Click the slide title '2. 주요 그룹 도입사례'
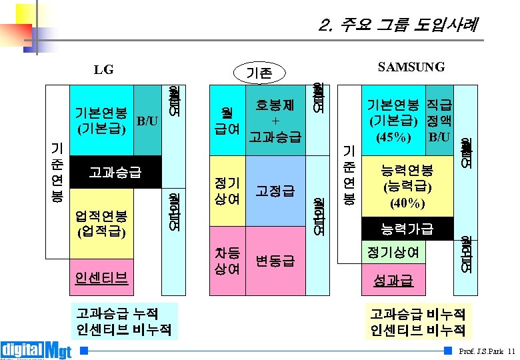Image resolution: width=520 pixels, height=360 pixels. pyautogui.click(x=399, y=25)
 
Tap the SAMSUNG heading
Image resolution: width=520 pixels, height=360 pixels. pyautogui.click(x=411, y=67)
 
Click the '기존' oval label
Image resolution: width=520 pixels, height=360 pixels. pyautogui.click(x=260, y=72)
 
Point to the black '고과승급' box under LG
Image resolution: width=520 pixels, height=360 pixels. pyautogui.click(x=115, y=173)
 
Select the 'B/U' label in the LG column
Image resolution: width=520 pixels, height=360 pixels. pyautogui.click(x=147, y=121)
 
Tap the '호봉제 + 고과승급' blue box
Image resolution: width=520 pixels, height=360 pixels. pyautogui.click(x=275, y=121)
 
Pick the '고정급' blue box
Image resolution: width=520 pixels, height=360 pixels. pyautogui.click(x=275, y=192)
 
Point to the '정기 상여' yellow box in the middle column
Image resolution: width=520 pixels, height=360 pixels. pyautogui.click(x=227, y=191)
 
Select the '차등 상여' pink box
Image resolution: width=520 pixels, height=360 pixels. pyautogui.click(x=227, y=261)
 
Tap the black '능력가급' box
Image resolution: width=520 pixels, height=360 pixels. pyautogui.click(x=407, y=230)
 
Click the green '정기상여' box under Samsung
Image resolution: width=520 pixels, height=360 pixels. pyautogui.click(x=393, y=253)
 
